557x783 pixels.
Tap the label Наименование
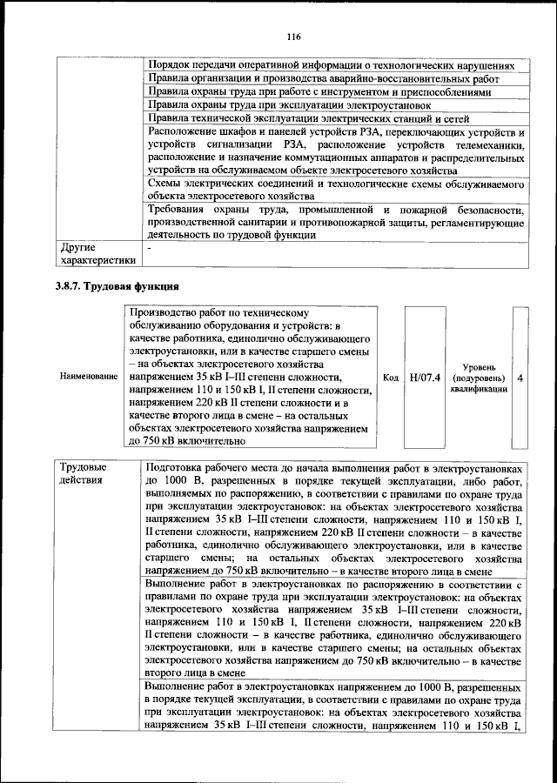[x=88, y=377]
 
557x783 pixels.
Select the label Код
[x=391, y=377]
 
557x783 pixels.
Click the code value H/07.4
[x=425, y=377]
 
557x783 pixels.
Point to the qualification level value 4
[x=520, y=377]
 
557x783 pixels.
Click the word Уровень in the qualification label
[x=479, y=366]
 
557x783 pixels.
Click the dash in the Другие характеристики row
[x=150, y=247]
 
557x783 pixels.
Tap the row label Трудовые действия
[x=83, y=473]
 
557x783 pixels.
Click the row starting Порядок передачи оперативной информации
[x=331, y=65]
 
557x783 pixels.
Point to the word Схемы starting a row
[x=164, y=184]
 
